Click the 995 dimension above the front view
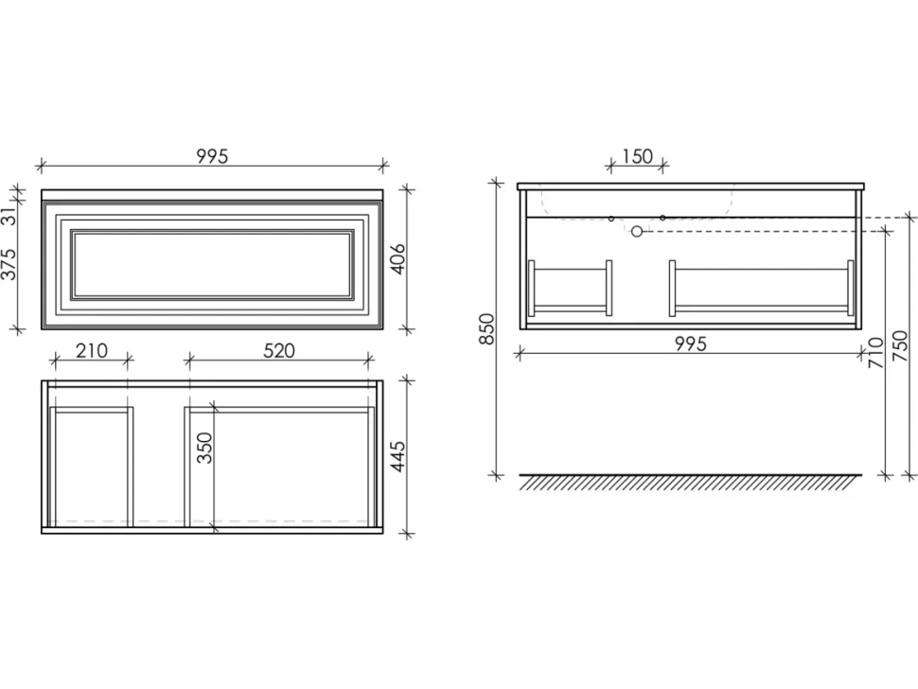point(212,157)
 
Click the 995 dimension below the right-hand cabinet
point(691,344)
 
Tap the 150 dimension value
point(637,157)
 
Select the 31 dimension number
point(9,216)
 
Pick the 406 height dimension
point(397,259)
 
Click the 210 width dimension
point(92,350)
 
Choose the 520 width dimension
point(278,350)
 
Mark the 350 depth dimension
point(204,448)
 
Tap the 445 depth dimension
point(397,456)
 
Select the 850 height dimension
point(487,329)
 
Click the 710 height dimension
point(876,352)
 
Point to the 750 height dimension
point(902,346)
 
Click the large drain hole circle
point(637,232)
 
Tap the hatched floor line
point(690,482)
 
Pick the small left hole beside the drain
point(611,219)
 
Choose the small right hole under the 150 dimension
point(662,218)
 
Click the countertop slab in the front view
point(212,194)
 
